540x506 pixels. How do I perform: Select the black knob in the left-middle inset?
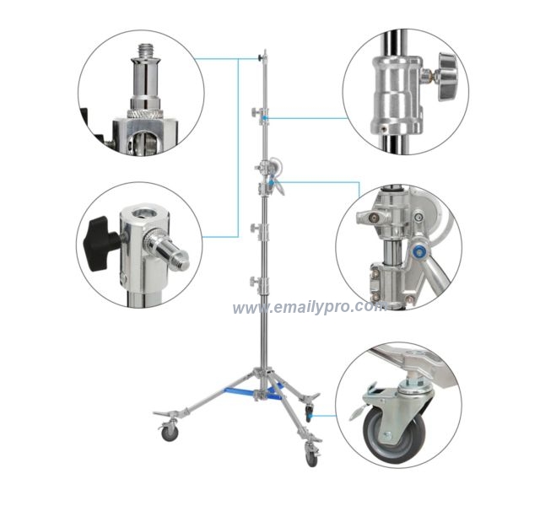tap(100, 241)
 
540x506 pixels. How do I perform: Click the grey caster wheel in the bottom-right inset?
tap(391, 433)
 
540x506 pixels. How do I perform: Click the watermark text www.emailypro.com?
tap(308, 309)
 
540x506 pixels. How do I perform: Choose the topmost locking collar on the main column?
tap(262, 112)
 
